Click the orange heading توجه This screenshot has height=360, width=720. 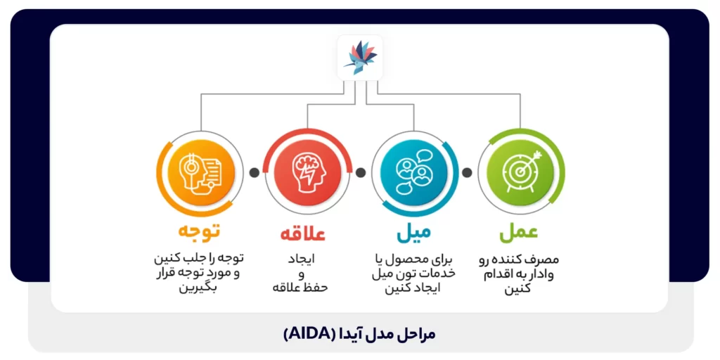198,231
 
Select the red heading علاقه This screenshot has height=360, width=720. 303,233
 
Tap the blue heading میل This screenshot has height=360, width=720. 413,231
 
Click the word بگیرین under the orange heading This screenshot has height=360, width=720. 199,288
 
